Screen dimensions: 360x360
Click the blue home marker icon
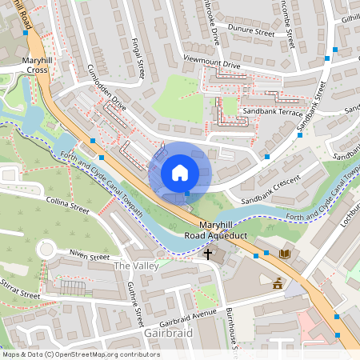(180, 173)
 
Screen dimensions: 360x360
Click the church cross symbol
(209, 254)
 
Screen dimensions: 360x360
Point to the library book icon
(284, 254)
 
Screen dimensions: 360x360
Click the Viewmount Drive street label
(211, 62)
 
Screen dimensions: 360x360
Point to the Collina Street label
(67, 206)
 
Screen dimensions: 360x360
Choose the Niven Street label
(88, 257)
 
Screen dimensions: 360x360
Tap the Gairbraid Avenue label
(187, 317)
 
